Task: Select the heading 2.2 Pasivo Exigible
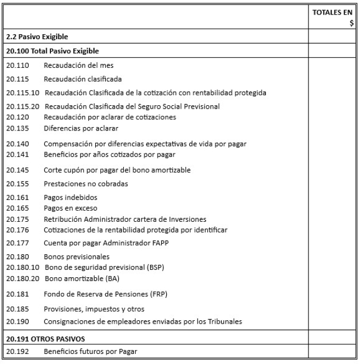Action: pos(37,37)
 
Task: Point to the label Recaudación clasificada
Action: pos(83,79)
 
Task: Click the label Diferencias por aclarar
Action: pos(81,128)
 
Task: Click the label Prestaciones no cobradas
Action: pos(86,183)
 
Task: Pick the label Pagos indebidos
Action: pos(71,198)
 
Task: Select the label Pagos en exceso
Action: pos(70,208)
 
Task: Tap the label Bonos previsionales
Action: pos(77,257)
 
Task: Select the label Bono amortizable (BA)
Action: pos(82,278)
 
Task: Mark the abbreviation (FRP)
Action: pos(156,294)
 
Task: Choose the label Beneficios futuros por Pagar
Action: pos(91,352)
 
